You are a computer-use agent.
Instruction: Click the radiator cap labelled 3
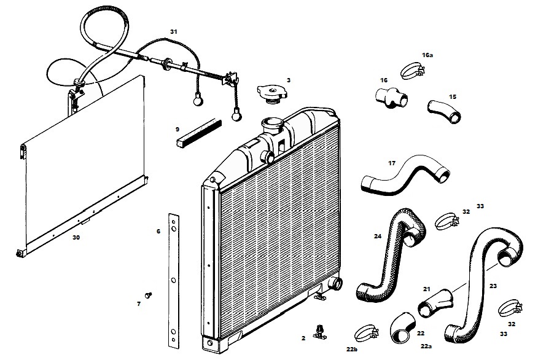pyautogui.click(x=271, y=94)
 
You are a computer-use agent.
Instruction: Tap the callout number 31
pyautogui.click(x=174, y=31)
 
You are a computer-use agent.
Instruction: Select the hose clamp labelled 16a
pyautogui.click(x=413, y=71)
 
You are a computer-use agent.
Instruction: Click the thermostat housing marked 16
pyautogui.click(x=391, y=98)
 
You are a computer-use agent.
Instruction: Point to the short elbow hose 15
pyautogui.click(x=444, y=112)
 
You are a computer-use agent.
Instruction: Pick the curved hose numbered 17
pyautogui.click(x=405, y=175)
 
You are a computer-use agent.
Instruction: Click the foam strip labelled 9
pyautogui.click(x=199, y=133)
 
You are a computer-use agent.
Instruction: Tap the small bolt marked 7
pyautogui.click(x=148, y=295)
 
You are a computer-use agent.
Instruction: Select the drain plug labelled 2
pyautogui.click(x=320, y=332)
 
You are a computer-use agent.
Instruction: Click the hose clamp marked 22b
pyautogui.click(x=366, y=333)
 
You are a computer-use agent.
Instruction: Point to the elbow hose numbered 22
pyautogui.click(x=402, y=327)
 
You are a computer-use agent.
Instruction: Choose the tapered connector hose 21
pyautogui.click(x=435, y=303)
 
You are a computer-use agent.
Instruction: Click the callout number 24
pyautogui.click(x=378, y=236)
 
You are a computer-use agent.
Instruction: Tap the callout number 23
pyautogui.click(x=493, y=286)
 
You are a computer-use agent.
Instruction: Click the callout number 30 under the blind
pyautogui.click(x=76, y=237)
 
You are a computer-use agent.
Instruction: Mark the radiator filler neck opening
pyautogui.click(x=271, y=122)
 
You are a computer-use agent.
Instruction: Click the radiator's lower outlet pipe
pyautogui.click(x=335, y=283)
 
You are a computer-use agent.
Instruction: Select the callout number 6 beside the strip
pyautogui.click(x=158, y=232)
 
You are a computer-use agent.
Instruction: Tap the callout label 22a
pyautogui.click(x=426, y=346)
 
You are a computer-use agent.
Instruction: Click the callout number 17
pyautogui.click(x=392, y=163)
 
